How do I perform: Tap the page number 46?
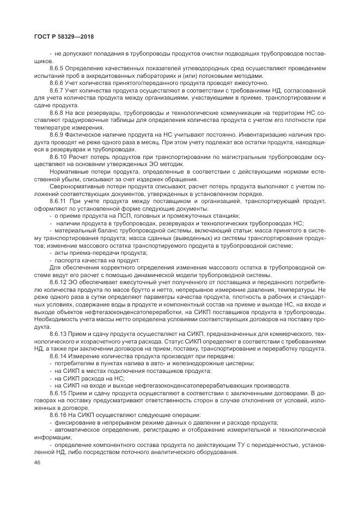[x=37, y=462]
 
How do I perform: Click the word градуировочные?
[x=82, y=120]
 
